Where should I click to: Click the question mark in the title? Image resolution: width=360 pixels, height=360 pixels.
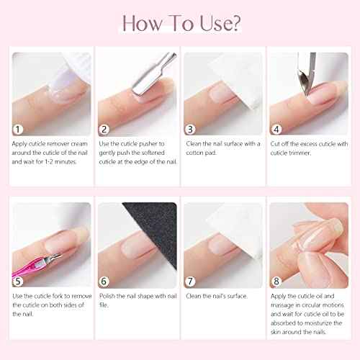point(235,23)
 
